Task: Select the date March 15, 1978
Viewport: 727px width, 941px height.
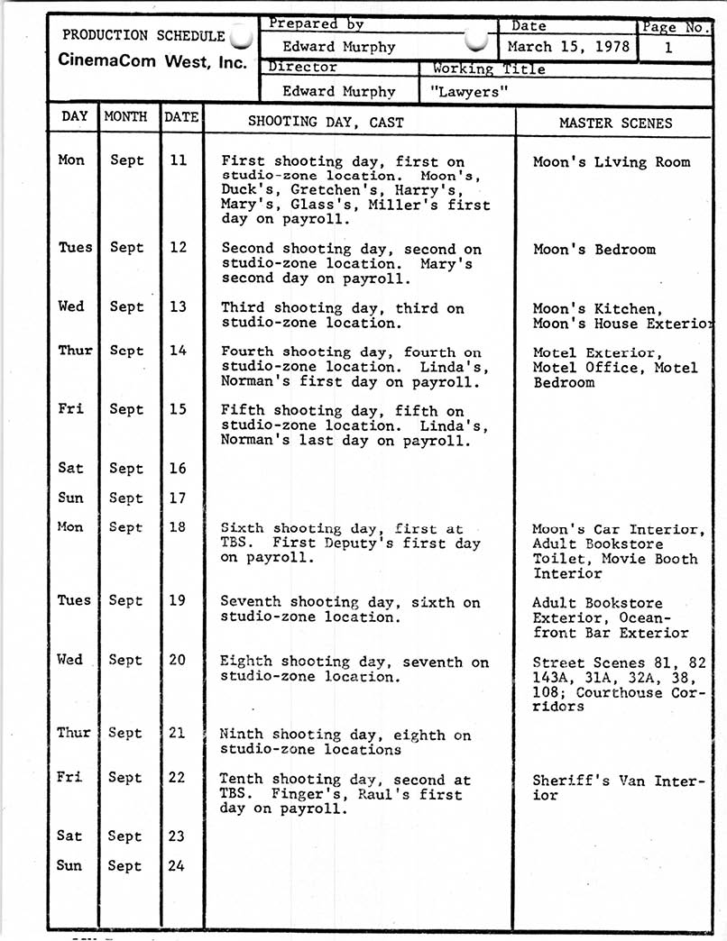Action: [569, 46]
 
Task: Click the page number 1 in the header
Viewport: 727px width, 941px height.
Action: [668, 47]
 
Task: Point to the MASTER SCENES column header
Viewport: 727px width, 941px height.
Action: [615, 123]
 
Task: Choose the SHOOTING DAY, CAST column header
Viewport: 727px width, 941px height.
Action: [326, 123]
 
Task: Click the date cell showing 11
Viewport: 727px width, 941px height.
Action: [179, 160]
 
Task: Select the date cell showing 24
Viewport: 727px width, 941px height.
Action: [177, 865]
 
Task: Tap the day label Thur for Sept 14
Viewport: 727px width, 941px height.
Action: [75, 351]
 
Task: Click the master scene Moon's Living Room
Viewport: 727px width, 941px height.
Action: [611, 162]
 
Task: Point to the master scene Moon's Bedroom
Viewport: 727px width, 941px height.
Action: [594, 250]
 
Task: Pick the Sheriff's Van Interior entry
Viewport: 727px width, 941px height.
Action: [618, 788]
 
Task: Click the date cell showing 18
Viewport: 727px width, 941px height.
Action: [177, 527]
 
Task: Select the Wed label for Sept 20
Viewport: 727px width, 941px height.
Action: [70, 660]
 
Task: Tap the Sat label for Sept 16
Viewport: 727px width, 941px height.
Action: [70, 468]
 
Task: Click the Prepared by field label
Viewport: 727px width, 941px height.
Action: [315, 25]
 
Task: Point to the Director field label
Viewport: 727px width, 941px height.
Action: [302, 68]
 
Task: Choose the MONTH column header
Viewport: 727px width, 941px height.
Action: [126, 116]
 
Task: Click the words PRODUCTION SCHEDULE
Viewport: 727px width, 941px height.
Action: [143, 36]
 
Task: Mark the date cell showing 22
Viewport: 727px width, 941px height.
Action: [177, 778]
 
